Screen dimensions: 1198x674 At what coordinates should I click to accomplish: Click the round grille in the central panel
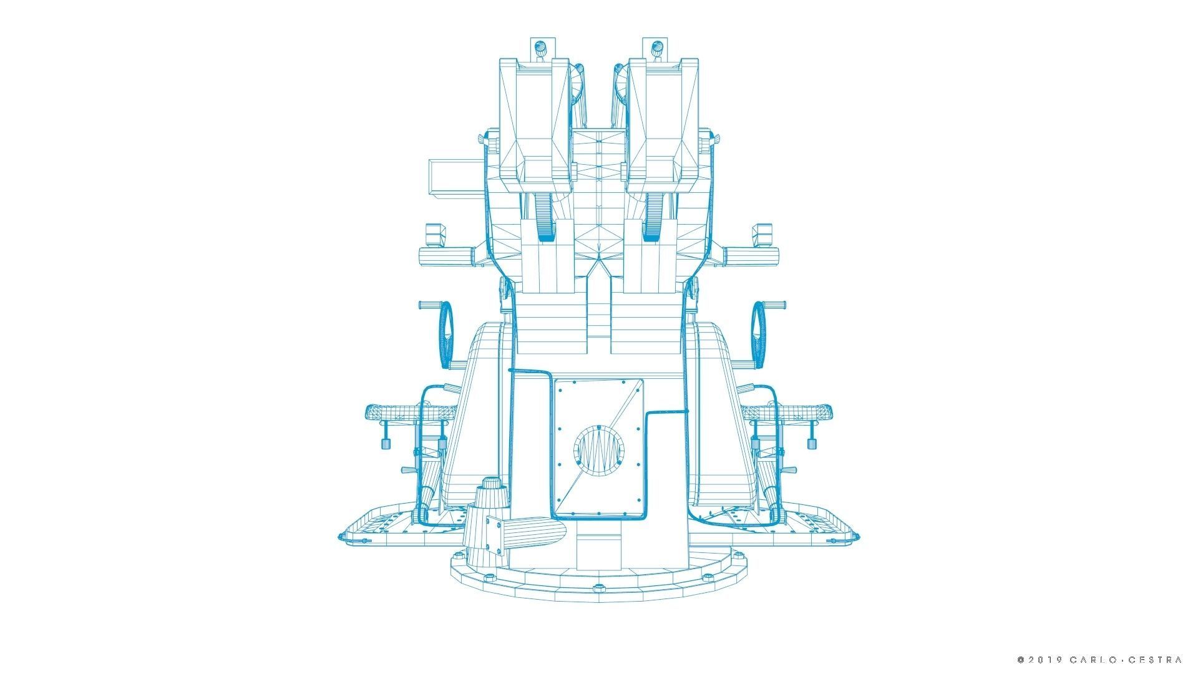pyautogui.click(x=598, y=447)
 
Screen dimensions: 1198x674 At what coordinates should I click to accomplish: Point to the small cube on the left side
pyautogui.click(x=436, y=235)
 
